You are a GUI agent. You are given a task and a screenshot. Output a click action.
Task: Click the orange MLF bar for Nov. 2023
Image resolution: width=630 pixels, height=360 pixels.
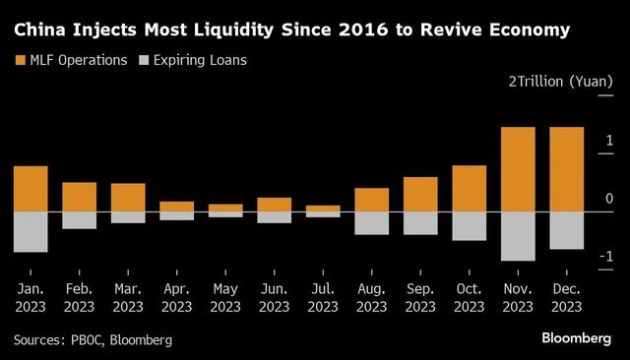[x=518, y=169]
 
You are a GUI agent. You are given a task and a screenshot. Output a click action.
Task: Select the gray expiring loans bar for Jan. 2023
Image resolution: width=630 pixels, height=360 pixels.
[x=31, y=232]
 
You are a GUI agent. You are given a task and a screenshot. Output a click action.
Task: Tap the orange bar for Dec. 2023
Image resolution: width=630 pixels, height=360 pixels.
[x=566, y=169]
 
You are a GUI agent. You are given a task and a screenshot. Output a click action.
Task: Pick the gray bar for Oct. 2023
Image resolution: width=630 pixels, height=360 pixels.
[x=469, y=226]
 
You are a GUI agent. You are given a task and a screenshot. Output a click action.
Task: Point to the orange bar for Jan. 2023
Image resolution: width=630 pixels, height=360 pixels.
[x=31, y=189]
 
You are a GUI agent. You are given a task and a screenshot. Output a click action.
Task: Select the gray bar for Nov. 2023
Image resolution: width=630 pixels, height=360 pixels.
[x=518, y=236]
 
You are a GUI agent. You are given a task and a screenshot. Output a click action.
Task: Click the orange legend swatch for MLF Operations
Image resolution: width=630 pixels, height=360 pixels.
[x=20, y=61]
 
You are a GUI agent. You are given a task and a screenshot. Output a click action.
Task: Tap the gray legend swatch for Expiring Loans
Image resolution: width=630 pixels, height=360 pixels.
[x=146, y=61]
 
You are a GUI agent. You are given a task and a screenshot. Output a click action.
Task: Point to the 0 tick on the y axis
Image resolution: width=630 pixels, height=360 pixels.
[x=609, y=200]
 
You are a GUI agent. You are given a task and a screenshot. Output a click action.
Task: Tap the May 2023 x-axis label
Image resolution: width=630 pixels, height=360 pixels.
[x=225, y=298]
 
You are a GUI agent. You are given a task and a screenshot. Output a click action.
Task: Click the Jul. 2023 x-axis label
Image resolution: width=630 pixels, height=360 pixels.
[x=323, y=298]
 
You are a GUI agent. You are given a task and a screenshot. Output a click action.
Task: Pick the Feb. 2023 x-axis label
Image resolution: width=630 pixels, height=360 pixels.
[x=80, y=298]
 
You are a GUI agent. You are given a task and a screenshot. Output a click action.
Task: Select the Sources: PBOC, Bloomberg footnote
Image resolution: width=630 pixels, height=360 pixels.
[x=94, y=339]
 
